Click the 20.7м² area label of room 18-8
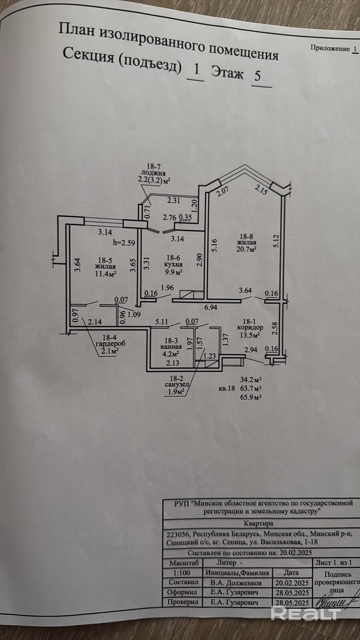click(246, 249)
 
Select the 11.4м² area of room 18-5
click(106, 274)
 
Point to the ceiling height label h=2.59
click(125, 242)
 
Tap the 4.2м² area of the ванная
click(170, 353)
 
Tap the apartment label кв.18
click(226, 388)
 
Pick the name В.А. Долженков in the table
click(238, 582)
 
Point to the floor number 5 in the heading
click(258, 75)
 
